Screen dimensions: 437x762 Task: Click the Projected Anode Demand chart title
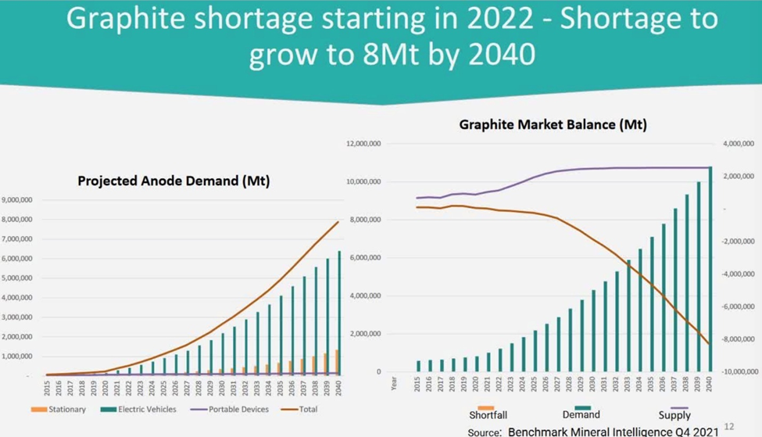tap(174, 181)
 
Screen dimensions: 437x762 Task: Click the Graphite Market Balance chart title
tap(553, 124)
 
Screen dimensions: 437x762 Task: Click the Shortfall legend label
tap(485, 415)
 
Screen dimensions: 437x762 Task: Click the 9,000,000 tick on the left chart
tap(16, 200)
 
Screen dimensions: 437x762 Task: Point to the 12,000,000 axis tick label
tap(362, 144)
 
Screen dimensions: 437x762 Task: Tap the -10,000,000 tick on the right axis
tap(738, 372)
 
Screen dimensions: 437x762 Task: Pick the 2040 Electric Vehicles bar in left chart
tap(338, 313)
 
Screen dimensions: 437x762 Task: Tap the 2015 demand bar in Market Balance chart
tap(418, 366)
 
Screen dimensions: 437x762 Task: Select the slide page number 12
tap(729, 426)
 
